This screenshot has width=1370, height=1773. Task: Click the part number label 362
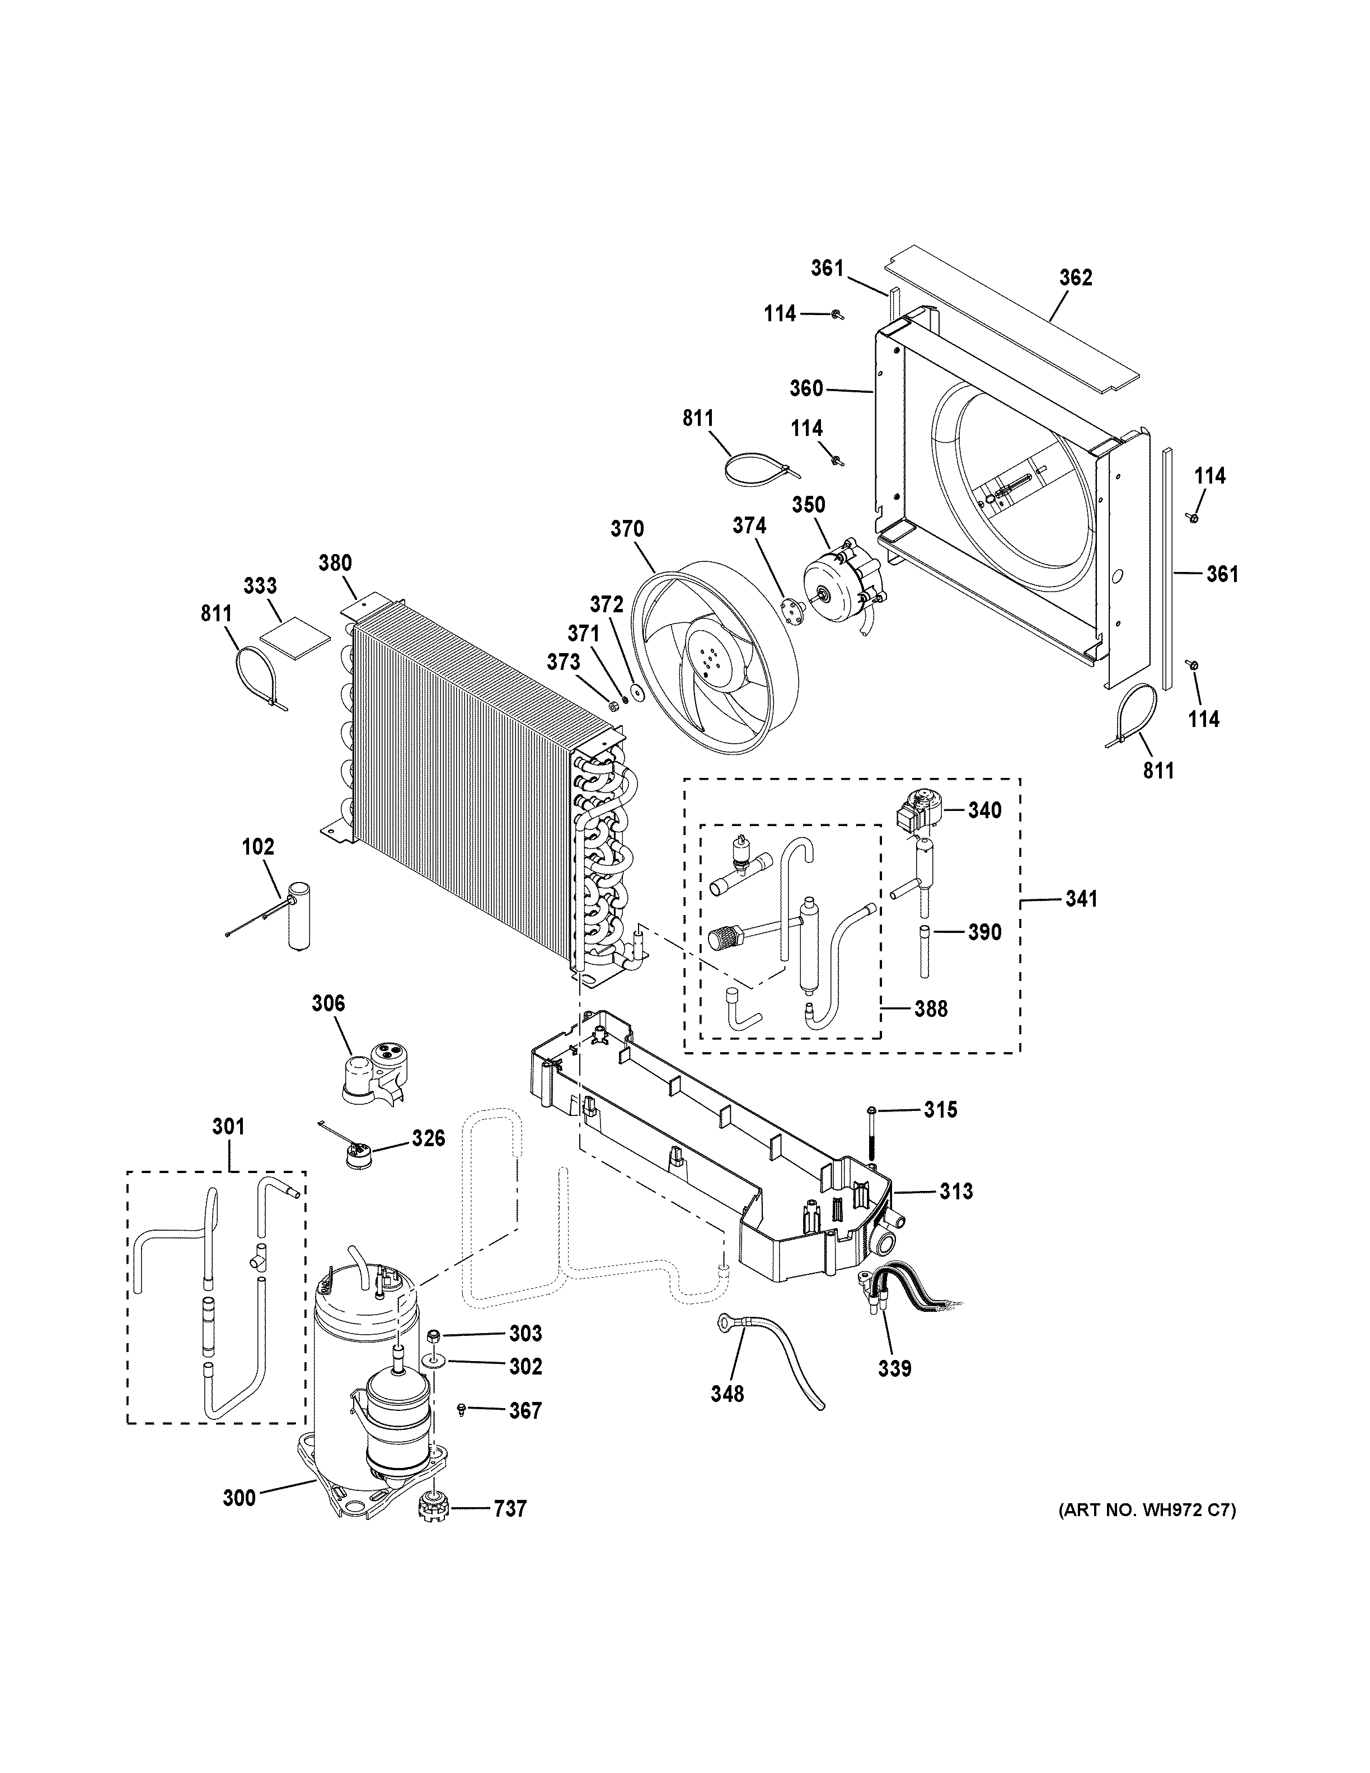[1076, 278]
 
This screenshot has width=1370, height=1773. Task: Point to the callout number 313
[956, 1192]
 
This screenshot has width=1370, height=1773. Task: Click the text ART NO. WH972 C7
[1147, 1511]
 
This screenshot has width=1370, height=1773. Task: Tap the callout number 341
[1081, 899]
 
